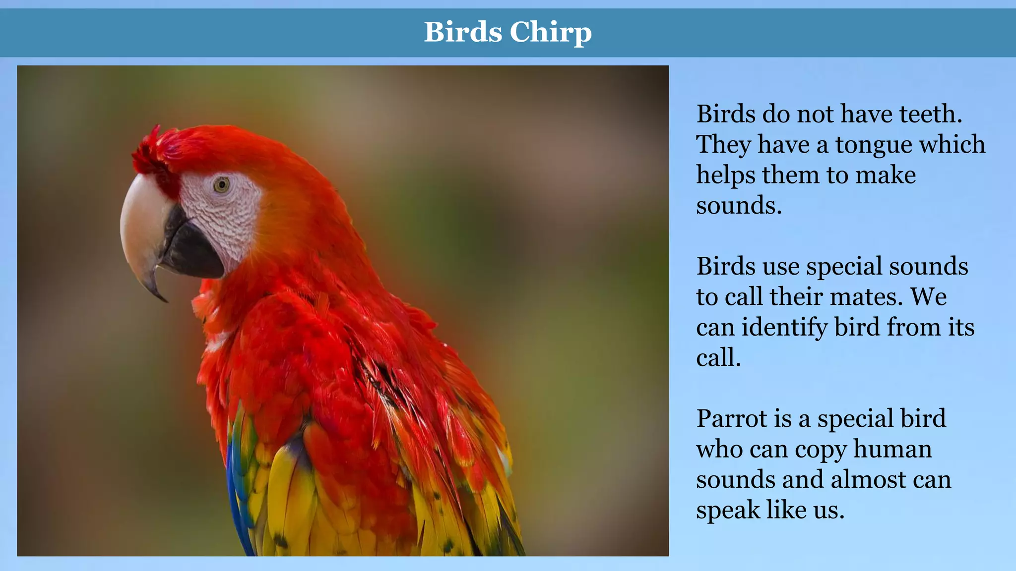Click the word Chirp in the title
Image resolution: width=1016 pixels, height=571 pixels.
coord(550,32)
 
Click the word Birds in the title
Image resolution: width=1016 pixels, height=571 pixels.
coord(463,32)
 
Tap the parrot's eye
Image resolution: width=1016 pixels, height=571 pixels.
coord(221,185)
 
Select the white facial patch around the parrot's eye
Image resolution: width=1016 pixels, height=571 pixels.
coord(228,213)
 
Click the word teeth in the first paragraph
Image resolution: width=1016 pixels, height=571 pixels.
coord(931,114)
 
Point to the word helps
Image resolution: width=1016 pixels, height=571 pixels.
coord(725,175)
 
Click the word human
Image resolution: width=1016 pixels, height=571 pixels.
coord(892,449)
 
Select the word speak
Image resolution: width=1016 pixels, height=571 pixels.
coord(727,510)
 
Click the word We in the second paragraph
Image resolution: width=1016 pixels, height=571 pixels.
coord(929,297)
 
